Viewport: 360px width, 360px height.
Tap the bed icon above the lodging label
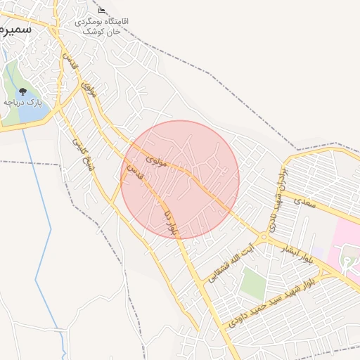coord(102,11)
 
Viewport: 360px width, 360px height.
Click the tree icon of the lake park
coord(22,91)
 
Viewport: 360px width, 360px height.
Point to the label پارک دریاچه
coord(22,103)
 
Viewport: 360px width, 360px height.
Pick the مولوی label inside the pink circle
coord(156,161)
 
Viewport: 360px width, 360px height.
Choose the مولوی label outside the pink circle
coord(89,90)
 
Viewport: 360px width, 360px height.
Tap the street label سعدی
coord(307,202)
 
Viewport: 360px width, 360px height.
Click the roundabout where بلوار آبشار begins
coord(266,237)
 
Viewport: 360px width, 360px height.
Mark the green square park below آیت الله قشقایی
coord(251,283)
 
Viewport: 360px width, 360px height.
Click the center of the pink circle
coord(180,179)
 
